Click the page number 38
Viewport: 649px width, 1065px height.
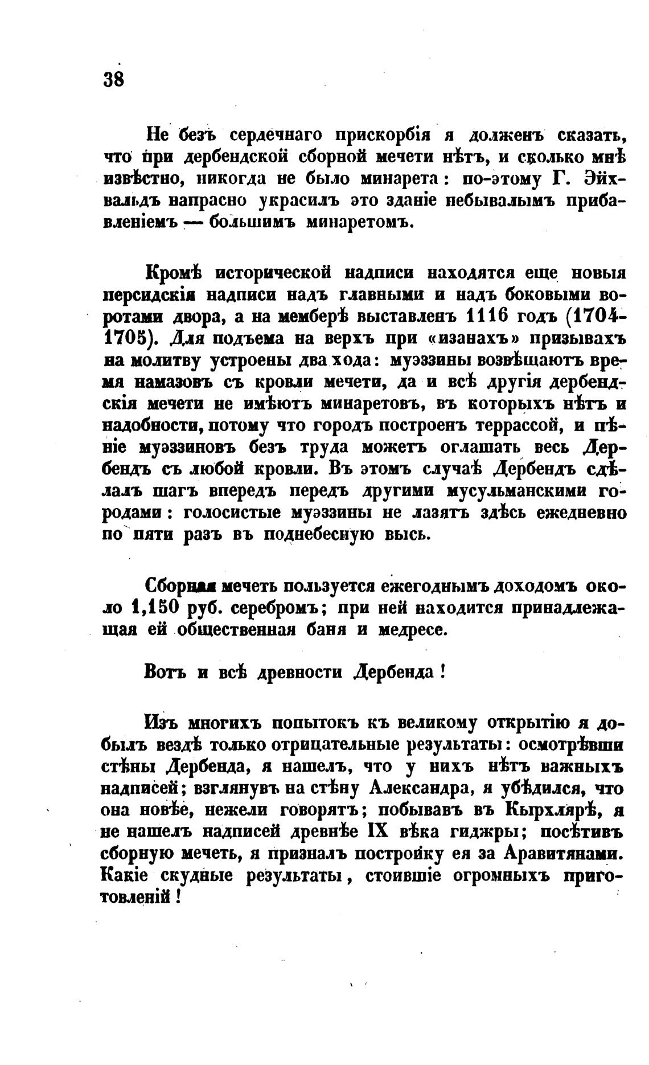click(x=114, y=78)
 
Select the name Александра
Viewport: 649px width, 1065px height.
click(x=418, y=789)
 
